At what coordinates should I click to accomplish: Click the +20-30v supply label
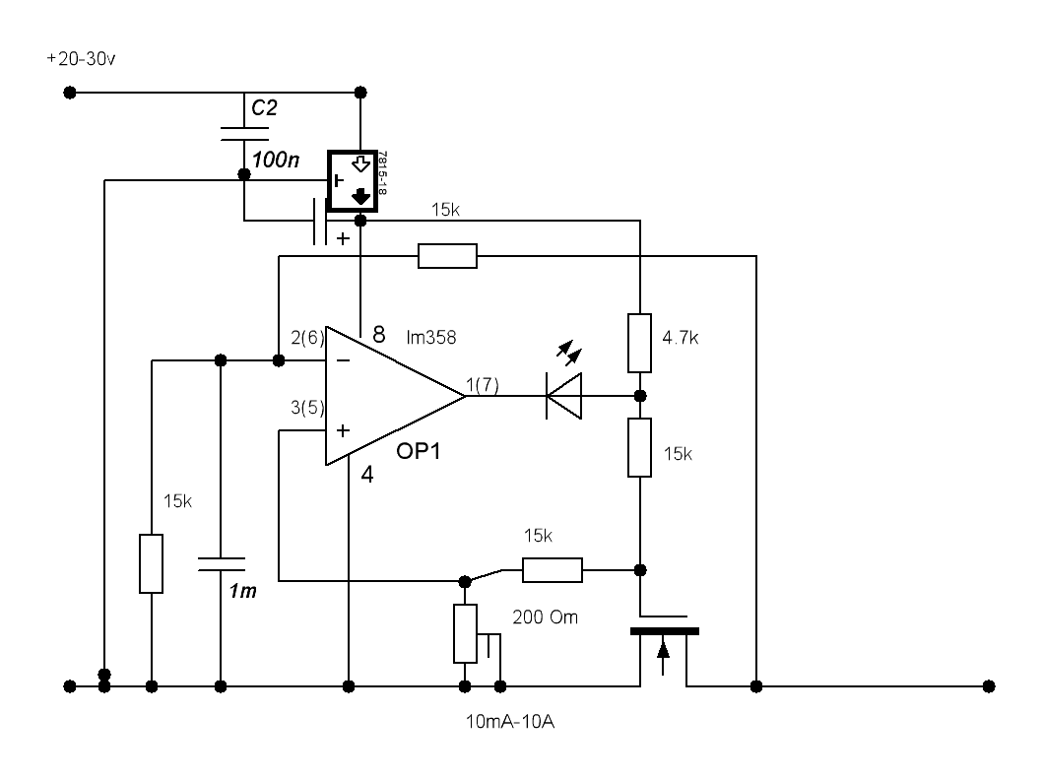point(81,59)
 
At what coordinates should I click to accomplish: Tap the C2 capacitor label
point(264,107)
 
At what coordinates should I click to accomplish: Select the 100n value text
point(275,160)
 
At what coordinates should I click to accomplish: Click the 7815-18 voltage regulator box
point(353,181)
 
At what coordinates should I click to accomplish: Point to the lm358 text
point(431,338)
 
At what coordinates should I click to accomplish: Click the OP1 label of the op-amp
point(418,451)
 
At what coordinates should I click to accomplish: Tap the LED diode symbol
point(564,396)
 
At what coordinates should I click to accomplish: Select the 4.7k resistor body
point(639,343)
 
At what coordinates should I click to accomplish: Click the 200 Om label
point(545,617)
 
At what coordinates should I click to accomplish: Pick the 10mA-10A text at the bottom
point(510,722)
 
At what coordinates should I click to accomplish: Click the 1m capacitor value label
point(242,591)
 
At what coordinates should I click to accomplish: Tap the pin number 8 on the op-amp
point(379,334)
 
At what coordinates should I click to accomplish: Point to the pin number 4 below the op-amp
point(366,475)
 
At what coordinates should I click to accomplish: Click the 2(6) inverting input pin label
point(307,339)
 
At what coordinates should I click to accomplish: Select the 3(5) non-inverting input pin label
point(307,408)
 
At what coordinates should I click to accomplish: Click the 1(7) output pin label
point(483,385)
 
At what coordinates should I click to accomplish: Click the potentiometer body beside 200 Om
point(465,633)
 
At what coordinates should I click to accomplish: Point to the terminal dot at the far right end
point(989,686)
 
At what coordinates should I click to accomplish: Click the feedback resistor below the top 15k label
point(447,256)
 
